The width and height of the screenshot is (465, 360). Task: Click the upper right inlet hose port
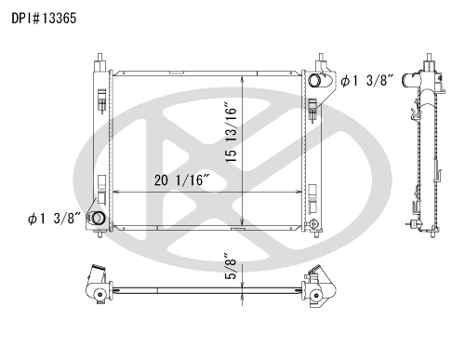[316, 82]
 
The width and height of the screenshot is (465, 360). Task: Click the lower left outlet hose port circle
[96, 220]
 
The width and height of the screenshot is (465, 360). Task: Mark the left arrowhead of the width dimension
[114, 192]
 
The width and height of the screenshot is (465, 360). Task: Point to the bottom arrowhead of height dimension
[243, 225]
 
